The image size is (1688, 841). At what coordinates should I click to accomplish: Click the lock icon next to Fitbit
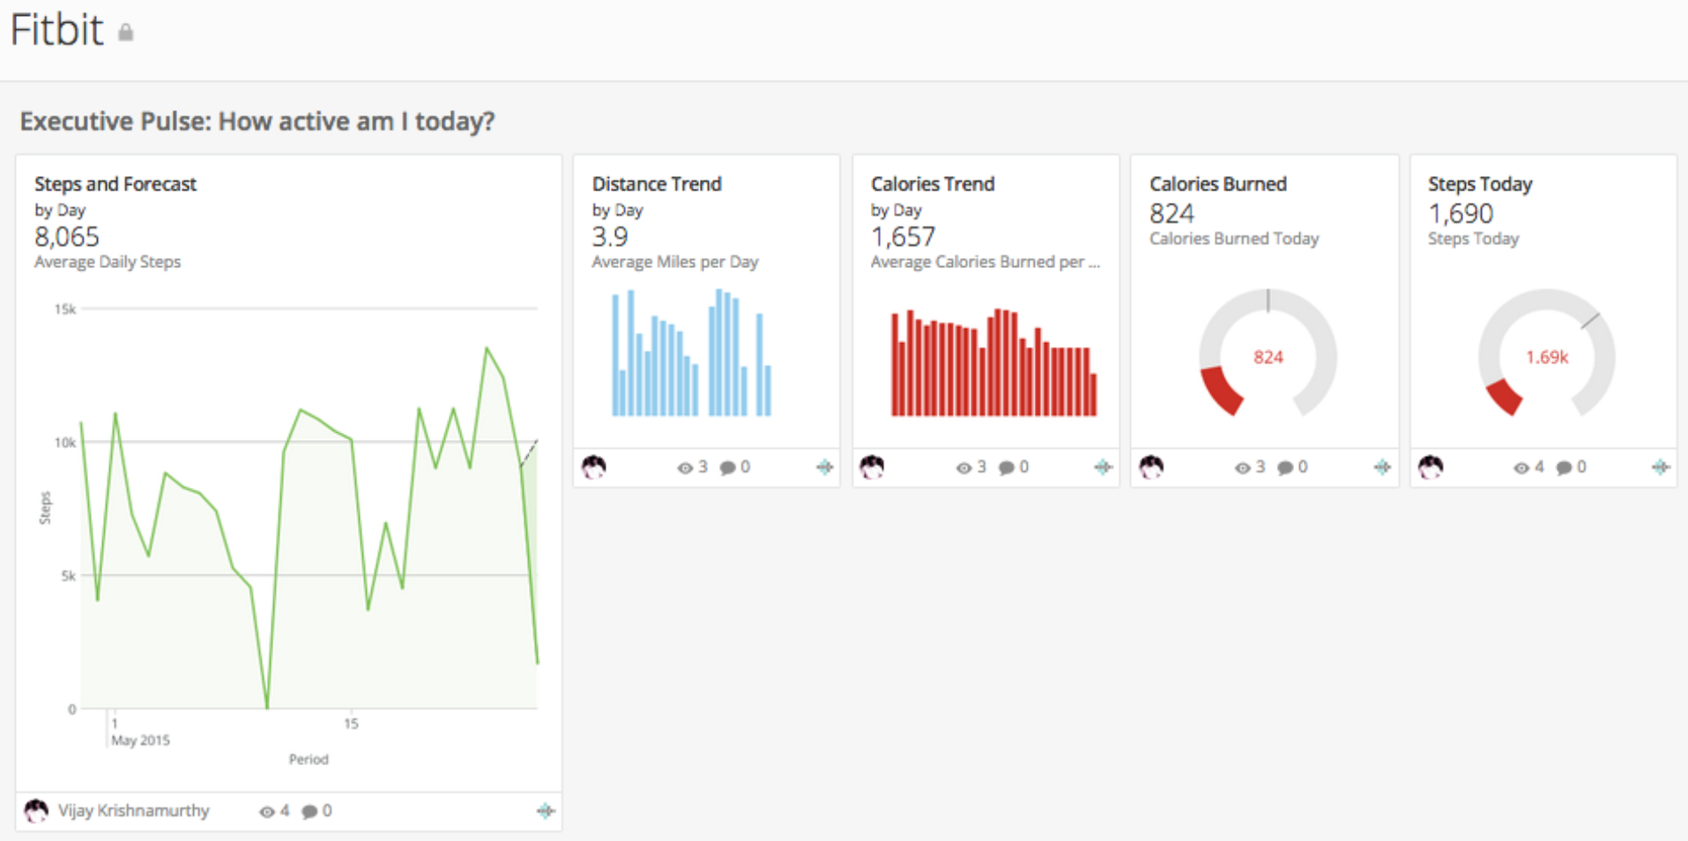126,33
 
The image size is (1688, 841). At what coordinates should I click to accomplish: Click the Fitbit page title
56,30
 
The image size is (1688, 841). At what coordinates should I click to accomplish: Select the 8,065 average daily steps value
67,236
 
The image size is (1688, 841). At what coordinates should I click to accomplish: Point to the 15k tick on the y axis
65,309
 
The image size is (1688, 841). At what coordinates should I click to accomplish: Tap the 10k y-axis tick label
65,443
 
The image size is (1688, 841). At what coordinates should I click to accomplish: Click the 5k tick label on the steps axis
68,576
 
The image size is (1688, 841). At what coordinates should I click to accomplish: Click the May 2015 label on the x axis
140,741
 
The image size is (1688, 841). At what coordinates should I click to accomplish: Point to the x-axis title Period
309,759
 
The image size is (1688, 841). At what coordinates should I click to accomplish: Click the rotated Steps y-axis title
45,509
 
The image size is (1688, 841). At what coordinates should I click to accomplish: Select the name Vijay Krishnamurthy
134,810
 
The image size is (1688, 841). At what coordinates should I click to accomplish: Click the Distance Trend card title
657,184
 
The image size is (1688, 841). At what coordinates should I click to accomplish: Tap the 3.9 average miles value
610,236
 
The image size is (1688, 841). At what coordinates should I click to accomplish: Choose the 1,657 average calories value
903,236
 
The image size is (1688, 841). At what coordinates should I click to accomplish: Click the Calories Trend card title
933,184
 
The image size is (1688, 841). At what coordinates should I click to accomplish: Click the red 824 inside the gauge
1268,357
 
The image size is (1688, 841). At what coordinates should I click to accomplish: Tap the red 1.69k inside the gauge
1547,357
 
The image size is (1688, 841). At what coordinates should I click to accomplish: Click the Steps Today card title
1480,184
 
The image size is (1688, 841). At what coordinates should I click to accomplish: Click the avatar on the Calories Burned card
1151,466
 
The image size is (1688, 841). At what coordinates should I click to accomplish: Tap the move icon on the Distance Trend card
824,467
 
